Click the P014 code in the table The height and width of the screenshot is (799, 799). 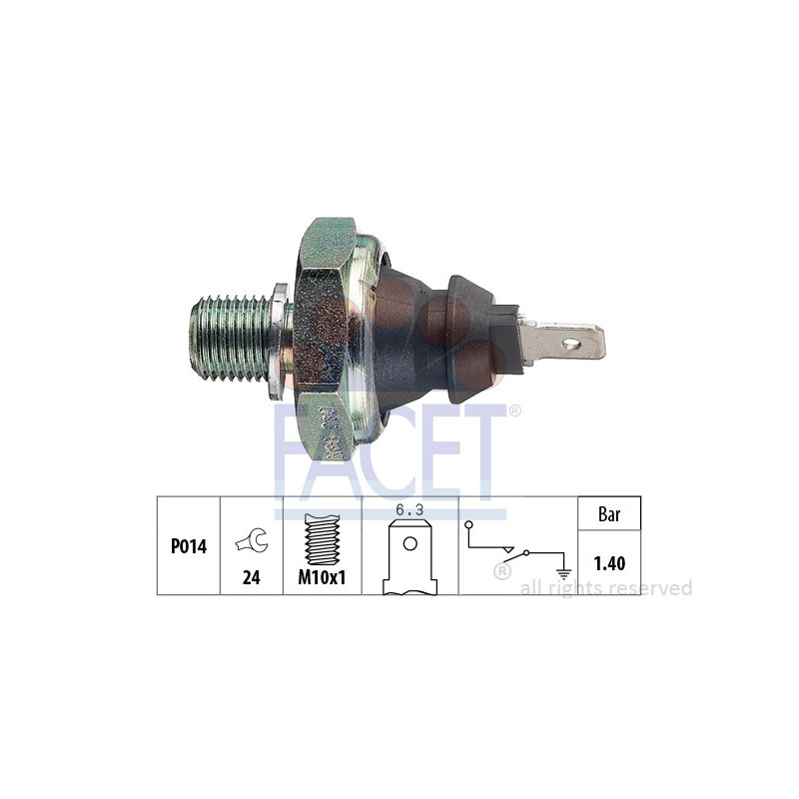point(188,547)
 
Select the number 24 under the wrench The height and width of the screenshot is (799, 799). point(252,577)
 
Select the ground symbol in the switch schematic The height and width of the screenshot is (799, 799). point(564,572)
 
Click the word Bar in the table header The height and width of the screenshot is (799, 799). point(609,515)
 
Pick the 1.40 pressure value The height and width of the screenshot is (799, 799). point(609,564)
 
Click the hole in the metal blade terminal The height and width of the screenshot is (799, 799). point(571,345)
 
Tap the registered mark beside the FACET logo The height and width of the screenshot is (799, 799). point(514,409)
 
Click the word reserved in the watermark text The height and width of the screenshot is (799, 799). point(654,588)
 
